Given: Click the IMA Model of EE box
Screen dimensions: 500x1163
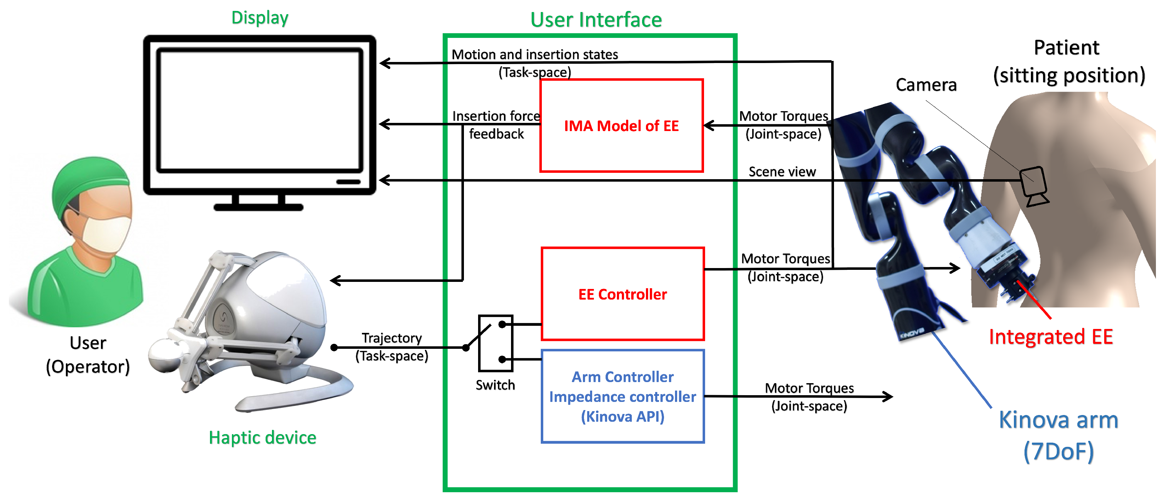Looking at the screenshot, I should tap(621, 126).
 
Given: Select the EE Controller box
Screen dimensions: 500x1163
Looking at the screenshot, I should tap(622, 294).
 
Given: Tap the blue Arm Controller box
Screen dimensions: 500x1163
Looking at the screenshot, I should tap(622, 396).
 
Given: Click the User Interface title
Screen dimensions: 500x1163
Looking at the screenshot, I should tap(596, 20).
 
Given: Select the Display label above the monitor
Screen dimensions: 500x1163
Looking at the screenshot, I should tap(260, 18).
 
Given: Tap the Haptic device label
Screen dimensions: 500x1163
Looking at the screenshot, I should tap(262, 437).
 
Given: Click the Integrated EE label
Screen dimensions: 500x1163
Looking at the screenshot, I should tap(1051, 337).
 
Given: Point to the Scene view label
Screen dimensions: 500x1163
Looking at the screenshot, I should tap(782, 171).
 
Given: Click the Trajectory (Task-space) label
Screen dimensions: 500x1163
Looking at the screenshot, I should tap(391, 347).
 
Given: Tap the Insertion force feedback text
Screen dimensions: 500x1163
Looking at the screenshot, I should tap(496, 125).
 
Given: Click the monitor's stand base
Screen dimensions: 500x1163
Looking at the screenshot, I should tap(258, 207).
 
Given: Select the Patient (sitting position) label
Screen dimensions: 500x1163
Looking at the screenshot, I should tap(1068, 62).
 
